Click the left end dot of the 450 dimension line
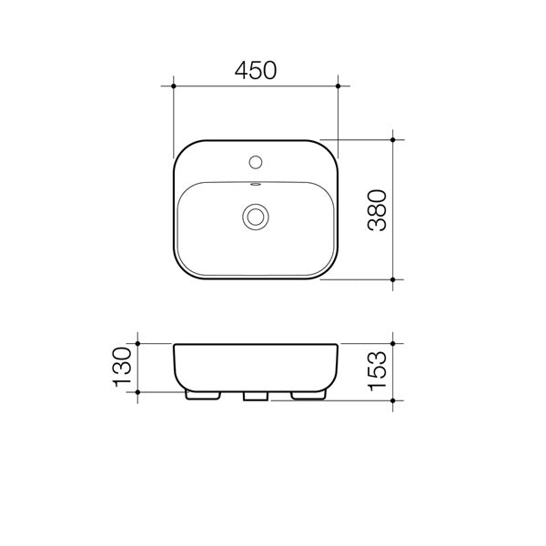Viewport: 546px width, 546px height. tap(173, 86)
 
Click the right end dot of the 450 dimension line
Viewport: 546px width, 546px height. tap(339, 86)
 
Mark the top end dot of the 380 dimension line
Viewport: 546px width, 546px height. tap(393, 140)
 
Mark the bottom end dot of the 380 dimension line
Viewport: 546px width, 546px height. tap(393, 279)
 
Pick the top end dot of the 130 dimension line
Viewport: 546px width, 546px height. tap(136, 344)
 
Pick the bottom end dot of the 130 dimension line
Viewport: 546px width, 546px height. tap(136, 391)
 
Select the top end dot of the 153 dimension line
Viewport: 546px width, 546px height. tap(393, 344)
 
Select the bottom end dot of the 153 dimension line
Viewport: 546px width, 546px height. tap(393, 399)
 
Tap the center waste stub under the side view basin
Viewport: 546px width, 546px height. tap(256, 396)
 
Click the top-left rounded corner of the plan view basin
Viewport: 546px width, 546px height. tap(182, 150)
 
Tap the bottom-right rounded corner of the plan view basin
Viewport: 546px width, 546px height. tap(329, 270)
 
